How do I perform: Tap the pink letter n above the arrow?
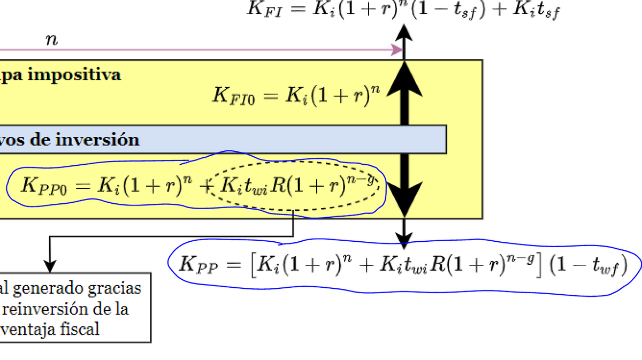(x=51, y=40)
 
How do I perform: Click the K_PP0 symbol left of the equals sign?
(x=43, y=186)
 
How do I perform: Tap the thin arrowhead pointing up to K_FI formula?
(x=404, y=33)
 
